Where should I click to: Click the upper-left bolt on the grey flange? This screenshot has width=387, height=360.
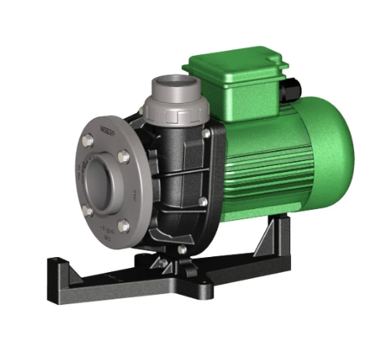[88, 141]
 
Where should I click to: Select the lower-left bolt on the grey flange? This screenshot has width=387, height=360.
[88, 210]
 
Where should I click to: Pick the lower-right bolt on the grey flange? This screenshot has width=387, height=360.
[123, 226]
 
